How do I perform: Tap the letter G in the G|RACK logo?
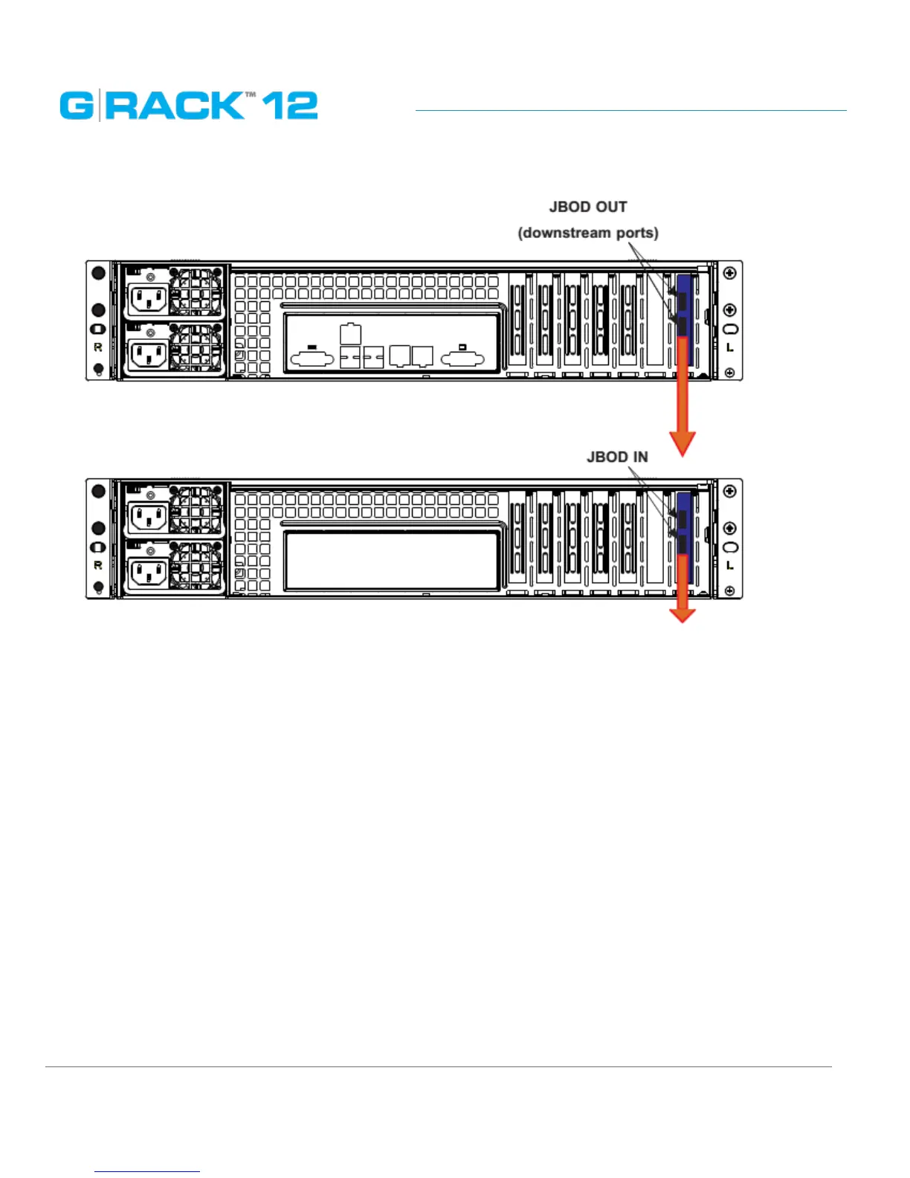(x=77, y=106)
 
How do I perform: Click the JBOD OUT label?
(x=588, y=207)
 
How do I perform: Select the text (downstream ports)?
(x=588, y=233)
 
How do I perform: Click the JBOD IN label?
(x=617, y=457)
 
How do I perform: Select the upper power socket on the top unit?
(x=149, y=300)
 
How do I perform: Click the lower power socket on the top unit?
(x=149, y=355)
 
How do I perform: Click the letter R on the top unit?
(x=97, y=347)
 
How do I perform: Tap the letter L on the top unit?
(x=730, y=347)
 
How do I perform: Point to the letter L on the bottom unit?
(x=730, y=566)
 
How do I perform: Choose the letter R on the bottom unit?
(x=97, y=566)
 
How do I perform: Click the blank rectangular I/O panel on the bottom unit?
(x=391, y=561)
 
